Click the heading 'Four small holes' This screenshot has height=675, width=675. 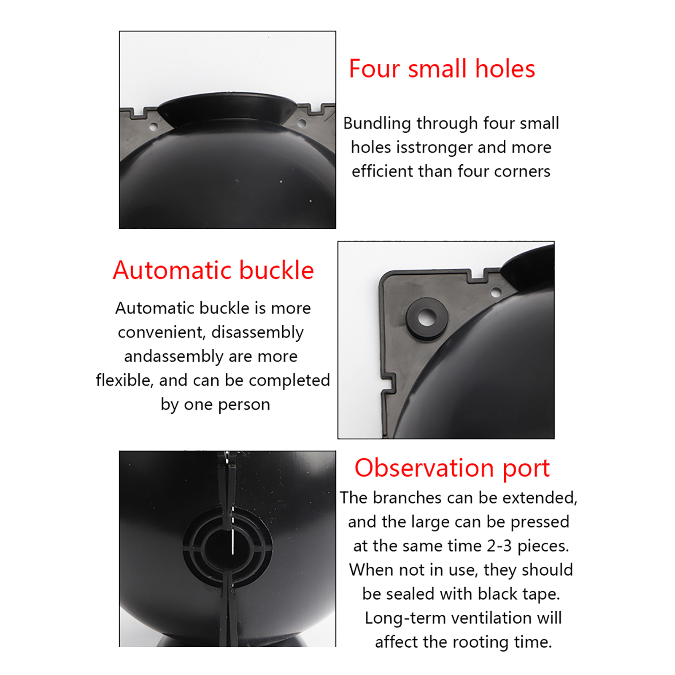pos(442,69)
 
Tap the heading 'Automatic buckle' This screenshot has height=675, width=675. pos(213,270)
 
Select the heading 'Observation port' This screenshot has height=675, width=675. pos(452,469)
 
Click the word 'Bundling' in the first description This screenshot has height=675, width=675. pos(377,124)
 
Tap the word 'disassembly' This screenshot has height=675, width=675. pos(257,332)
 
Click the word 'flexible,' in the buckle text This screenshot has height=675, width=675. pos(124,380)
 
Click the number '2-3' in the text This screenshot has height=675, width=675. pos(499,546)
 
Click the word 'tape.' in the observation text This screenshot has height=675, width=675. pos(541,595)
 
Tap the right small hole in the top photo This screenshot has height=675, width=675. pos(302,124)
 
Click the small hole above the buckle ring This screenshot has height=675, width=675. pos(496,292)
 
